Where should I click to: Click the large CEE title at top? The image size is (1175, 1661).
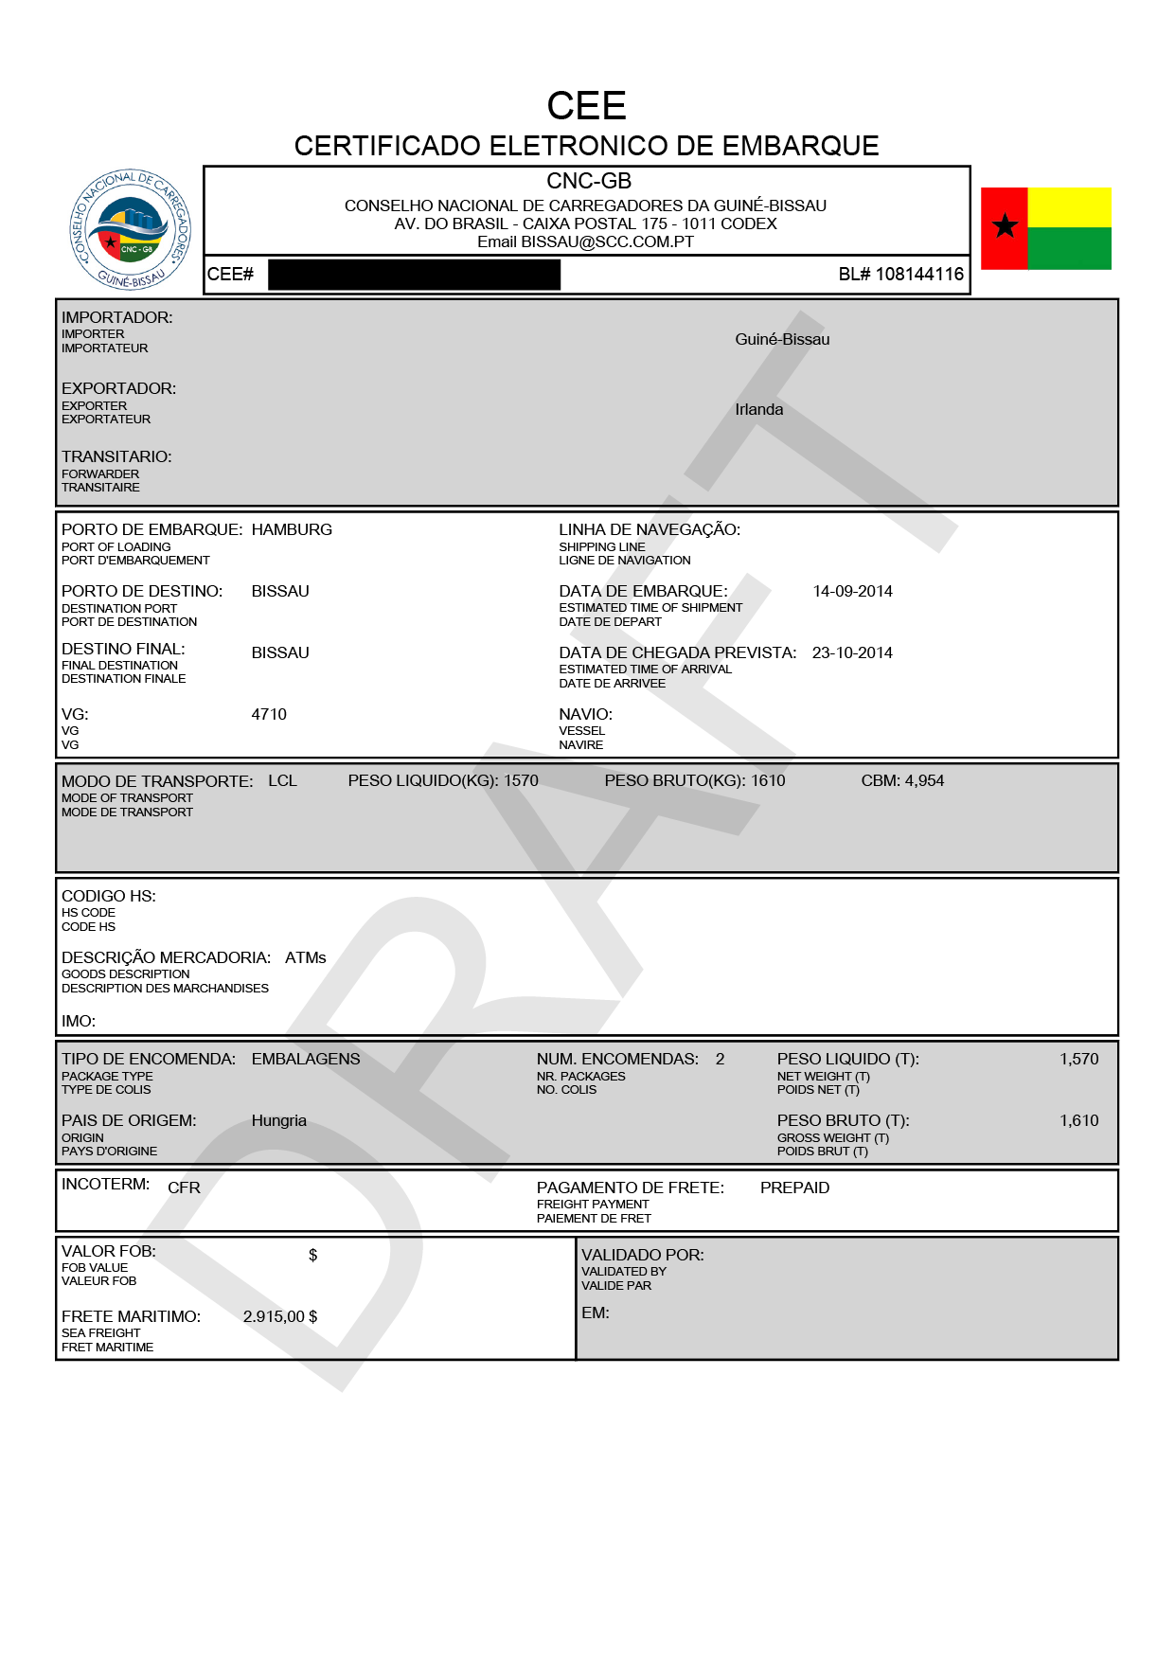(x=586, y=105)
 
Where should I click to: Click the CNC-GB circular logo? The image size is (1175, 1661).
(x=131, y=230)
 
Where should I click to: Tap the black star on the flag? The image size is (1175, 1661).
(x=1005, y=226)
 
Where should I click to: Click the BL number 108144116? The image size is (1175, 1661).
(x=900, y=275)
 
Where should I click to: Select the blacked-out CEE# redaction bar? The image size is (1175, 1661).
(x=414, y=275)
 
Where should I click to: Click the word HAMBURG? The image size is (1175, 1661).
(x=292, y=530)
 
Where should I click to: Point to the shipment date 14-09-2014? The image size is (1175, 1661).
(x=852, y=592)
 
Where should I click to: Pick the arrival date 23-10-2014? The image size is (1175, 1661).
(x=852, y=653)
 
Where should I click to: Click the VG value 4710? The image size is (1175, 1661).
(x=269, y=715)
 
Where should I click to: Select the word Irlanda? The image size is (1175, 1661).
(x=758, y=410)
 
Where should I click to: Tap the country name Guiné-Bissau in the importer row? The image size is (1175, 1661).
(x=782, y=340)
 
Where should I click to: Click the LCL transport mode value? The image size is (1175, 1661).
(x=282, y=781)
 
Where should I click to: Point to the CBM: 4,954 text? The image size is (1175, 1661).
(x=902, y=781)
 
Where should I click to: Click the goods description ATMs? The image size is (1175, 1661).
(x=305, y=958)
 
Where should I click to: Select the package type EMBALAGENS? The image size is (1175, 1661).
(x=306, y=1060)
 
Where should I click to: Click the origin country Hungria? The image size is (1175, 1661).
(x=278, y=1121)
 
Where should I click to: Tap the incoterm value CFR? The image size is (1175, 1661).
(x=184, y=1188)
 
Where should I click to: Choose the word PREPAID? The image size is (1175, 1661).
(x=794, y=1188)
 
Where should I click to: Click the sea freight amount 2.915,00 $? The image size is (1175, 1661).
(x=280, y=1317)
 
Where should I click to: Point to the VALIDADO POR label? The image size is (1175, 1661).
(x=642, y=1256)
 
